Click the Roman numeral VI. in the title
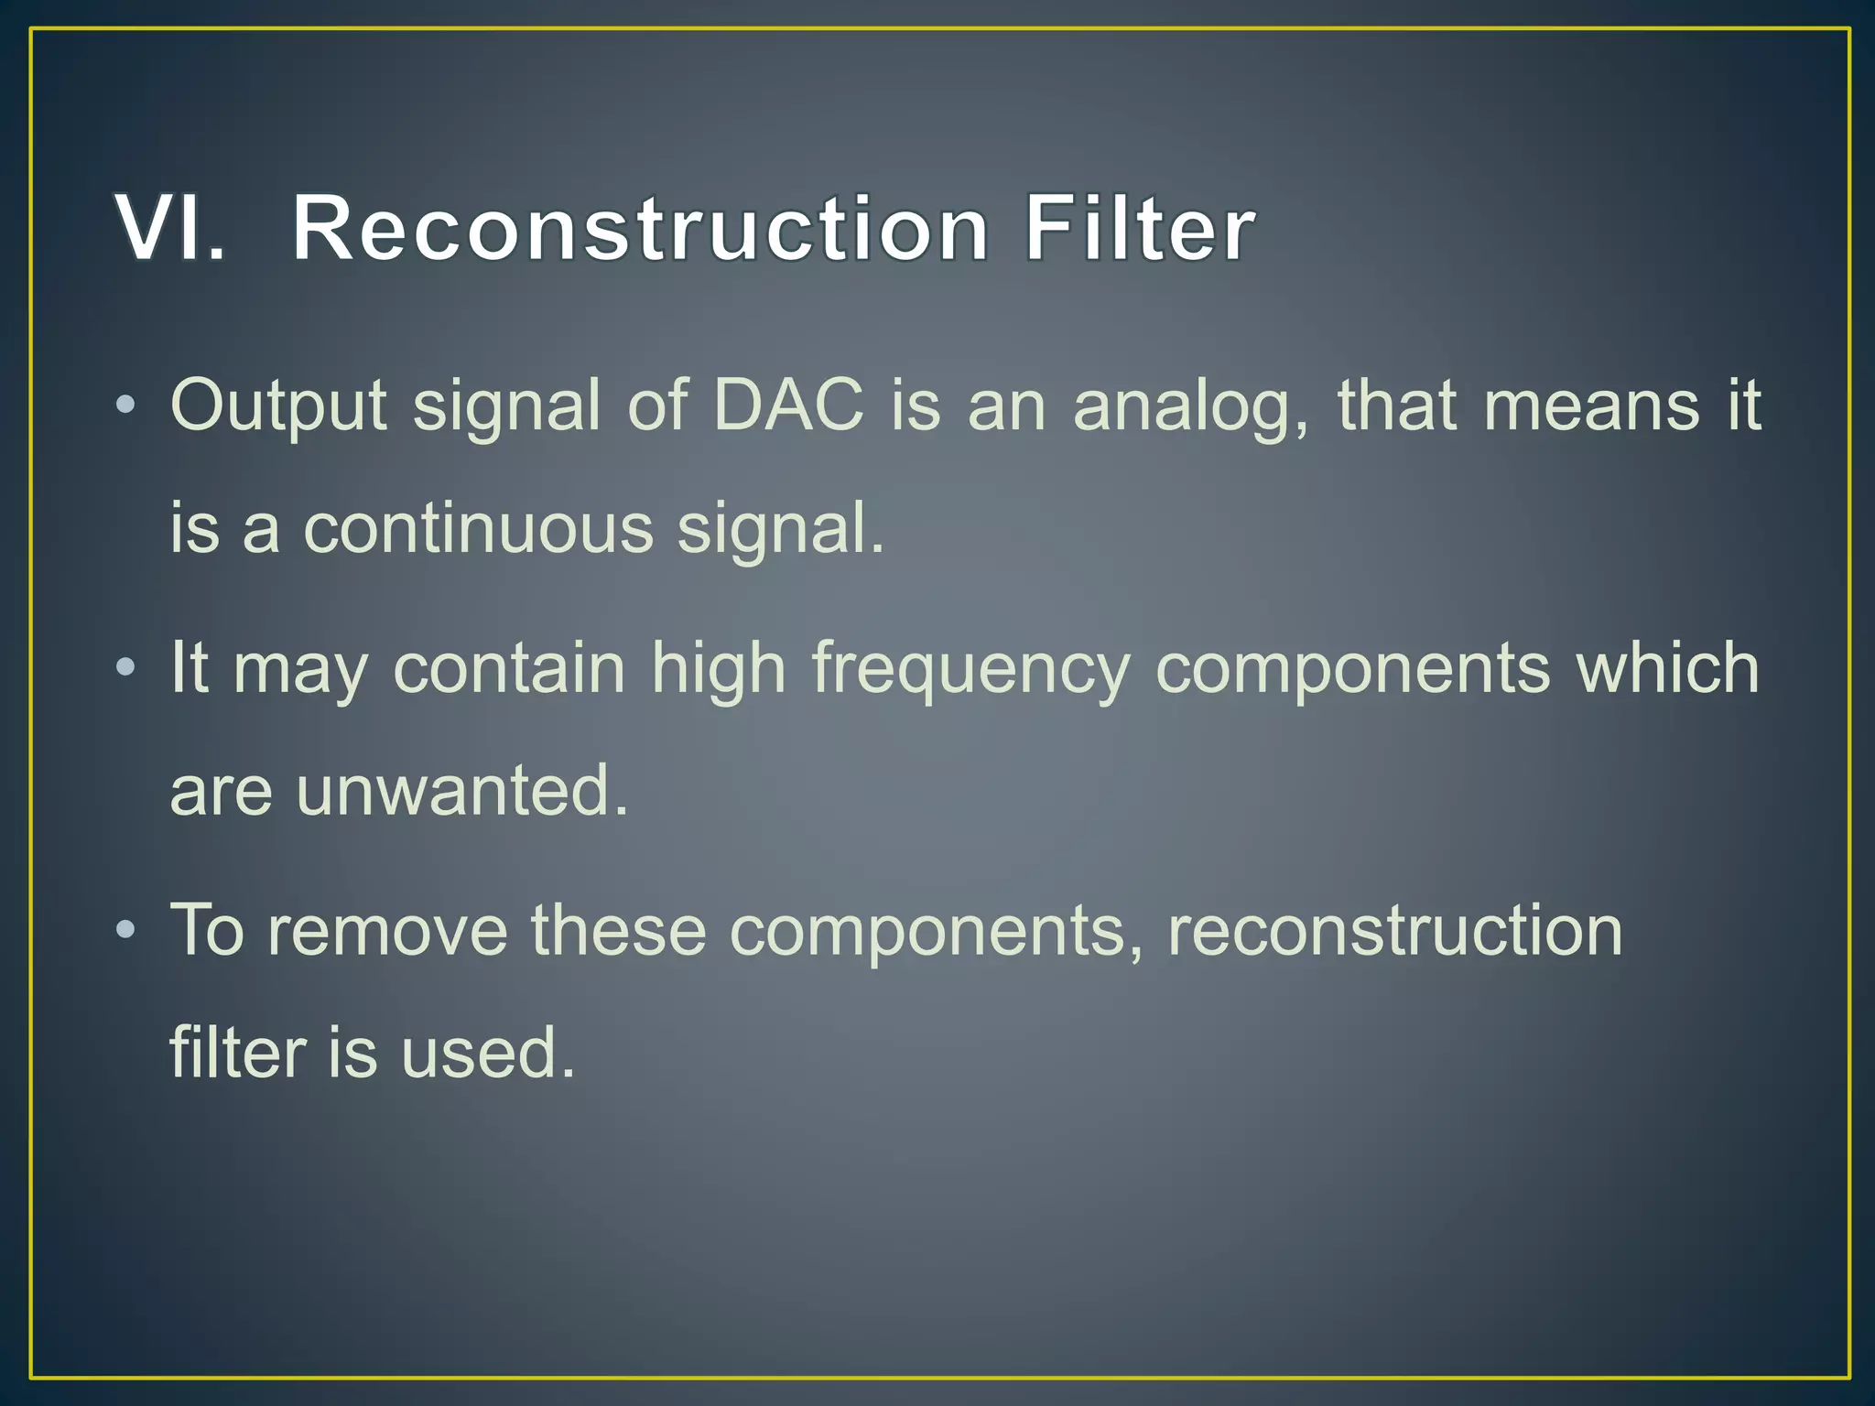(170, 229)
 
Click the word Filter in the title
(1138, 229)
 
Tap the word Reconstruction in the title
(639, 229)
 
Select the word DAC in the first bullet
(788, 405)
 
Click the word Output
(278, 406)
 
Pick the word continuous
(478, 529)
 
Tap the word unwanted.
(461, 791)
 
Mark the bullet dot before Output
(126, 406)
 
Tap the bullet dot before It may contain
(126, 668)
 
